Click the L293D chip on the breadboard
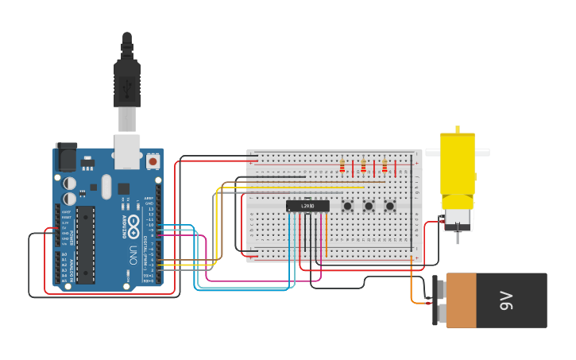click(x=307, y=206)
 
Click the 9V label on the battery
click(x=505, y=300)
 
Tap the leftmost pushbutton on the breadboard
click(x=348, y=207)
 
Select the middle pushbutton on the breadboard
click(x=369, y=207)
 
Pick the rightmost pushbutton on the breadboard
click(x=390, y=207)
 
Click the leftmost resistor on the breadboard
click(x=342, y=167)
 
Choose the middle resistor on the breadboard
click(x=364, y=167)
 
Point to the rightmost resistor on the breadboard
click(x=385, y=167)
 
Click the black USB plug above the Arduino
click(x=127, y=79)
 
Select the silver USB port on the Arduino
click(x=127, y=151)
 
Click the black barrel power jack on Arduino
click(x=66, y=157)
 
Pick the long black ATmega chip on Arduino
click(x=85, y=244)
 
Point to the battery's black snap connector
click(x=437, y=300)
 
